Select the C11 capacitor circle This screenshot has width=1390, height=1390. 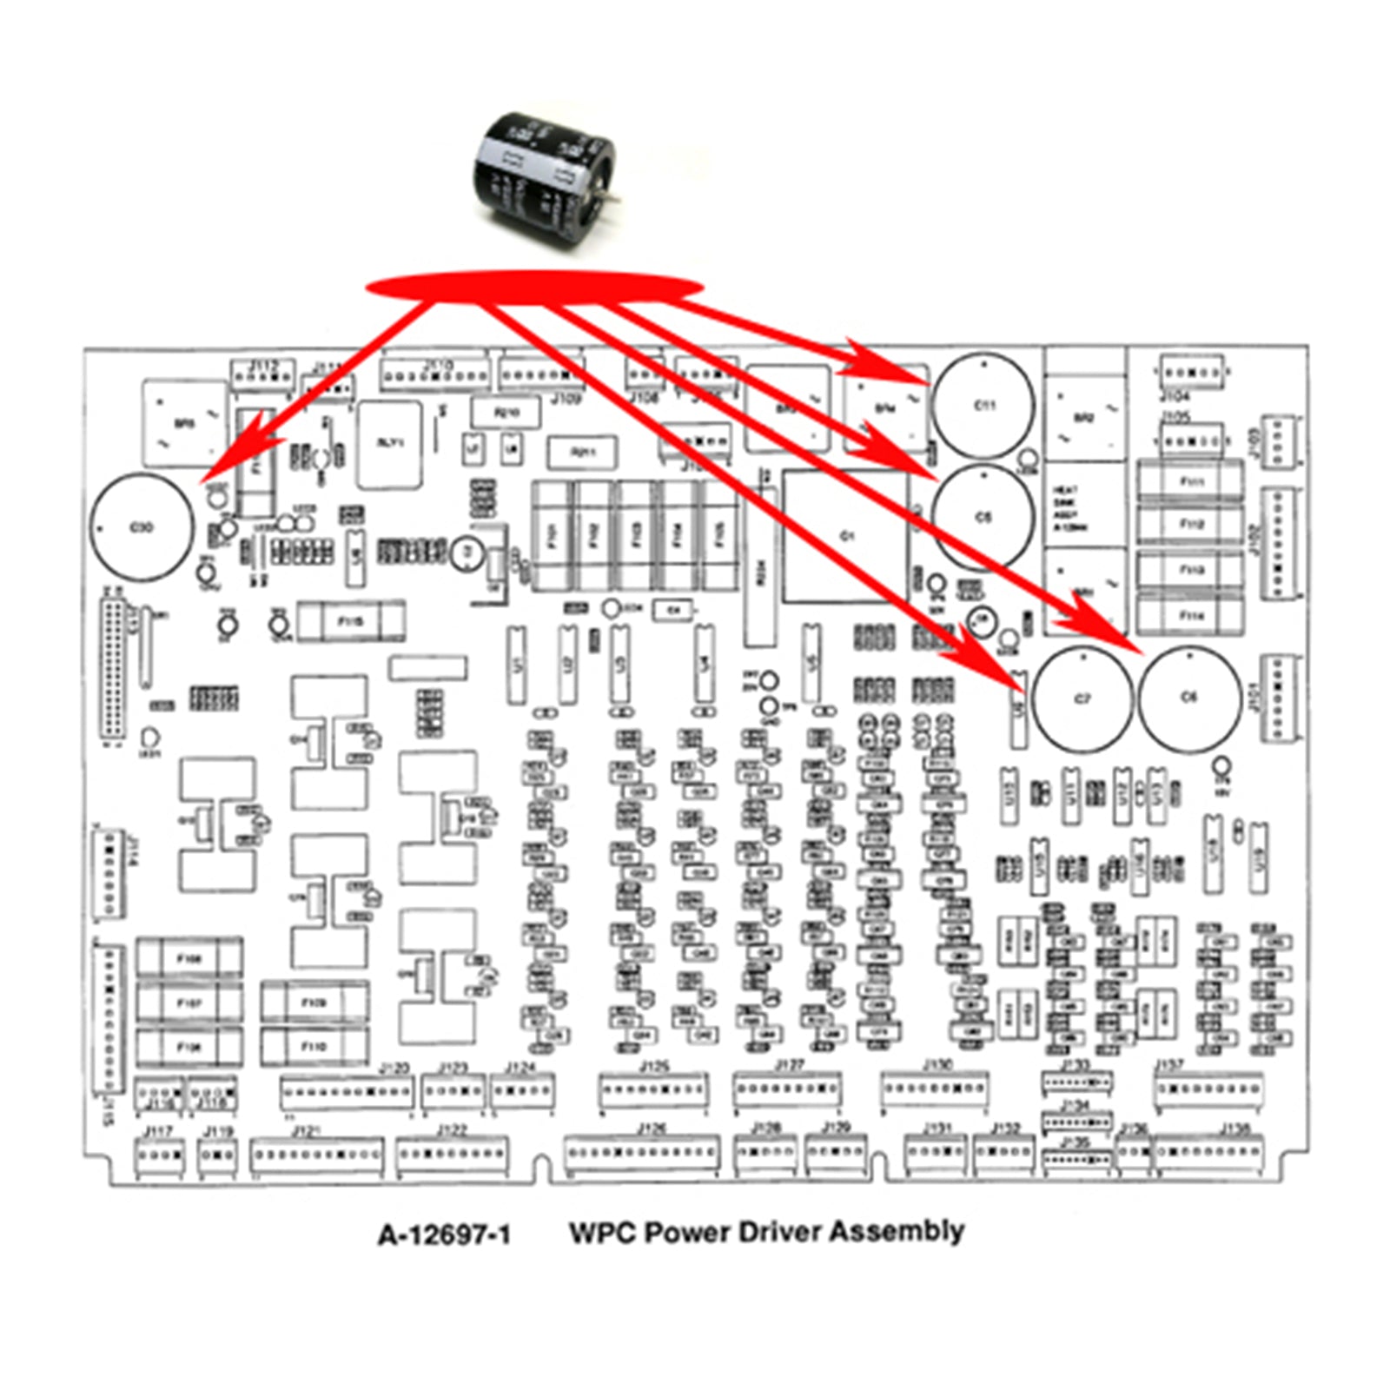(x=983, y=406)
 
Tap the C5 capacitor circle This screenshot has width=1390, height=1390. (x=983, y=517)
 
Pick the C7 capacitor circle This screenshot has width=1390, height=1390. (x=1082, y=699)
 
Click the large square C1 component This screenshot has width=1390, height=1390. (x=846, y=537)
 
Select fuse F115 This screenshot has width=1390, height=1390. (x=350, y=621)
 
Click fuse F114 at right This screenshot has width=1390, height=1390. (x=1191, y=615)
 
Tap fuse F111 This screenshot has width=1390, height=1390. (x=1191, y=480)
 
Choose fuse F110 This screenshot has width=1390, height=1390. (x=314, y=1047)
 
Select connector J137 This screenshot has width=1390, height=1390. (x=1208, y=1088)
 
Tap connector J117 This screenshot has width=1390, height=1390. (x=159, y=1155)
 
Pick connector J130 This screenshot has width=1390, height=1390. (x=935, y=1087)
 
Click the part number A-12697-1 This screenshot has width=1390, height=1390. (x=444, y=1234)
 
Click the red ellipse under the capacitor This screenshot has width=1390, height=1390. (x=533, y=288)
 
